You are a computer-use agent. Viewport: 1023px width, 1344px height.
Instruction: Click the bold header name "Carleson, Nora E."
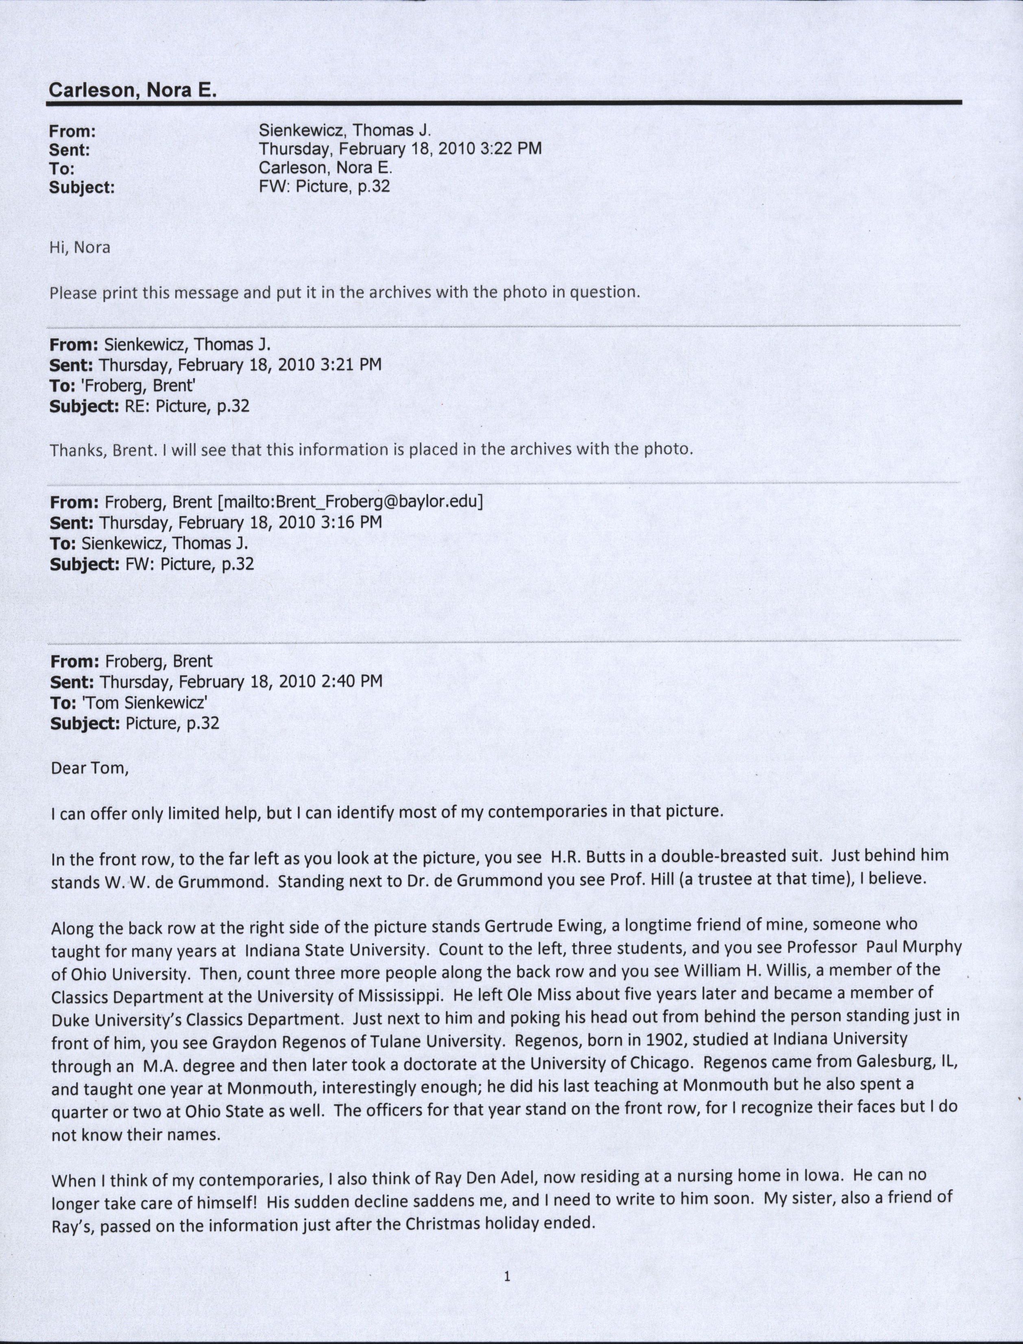point(132,90)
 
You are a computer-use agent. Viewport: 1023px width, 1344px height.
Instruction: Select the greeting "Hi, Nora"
point(80,247)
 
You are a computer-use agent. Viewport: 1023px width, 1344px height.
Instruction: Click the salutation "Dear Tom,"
point(89,768)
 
